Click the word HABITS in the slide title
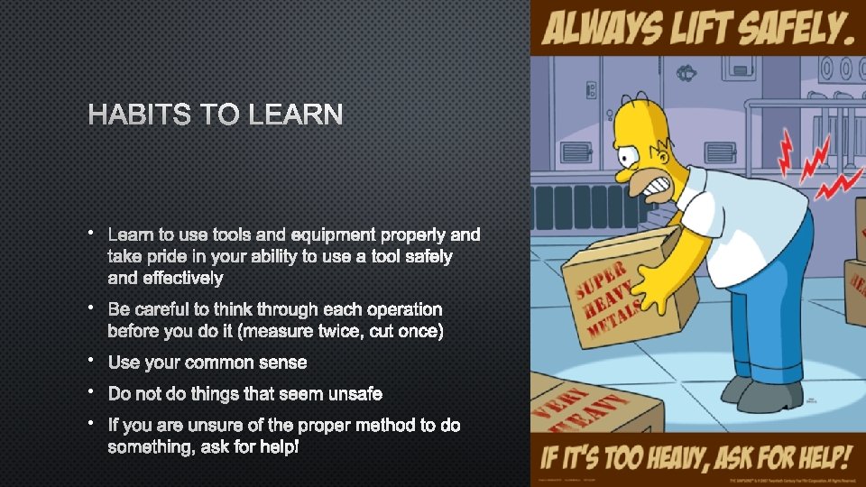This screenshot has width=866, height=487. tap(140, 115)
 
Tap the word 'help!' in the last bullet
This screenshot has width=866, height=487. tap(278, 447)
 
